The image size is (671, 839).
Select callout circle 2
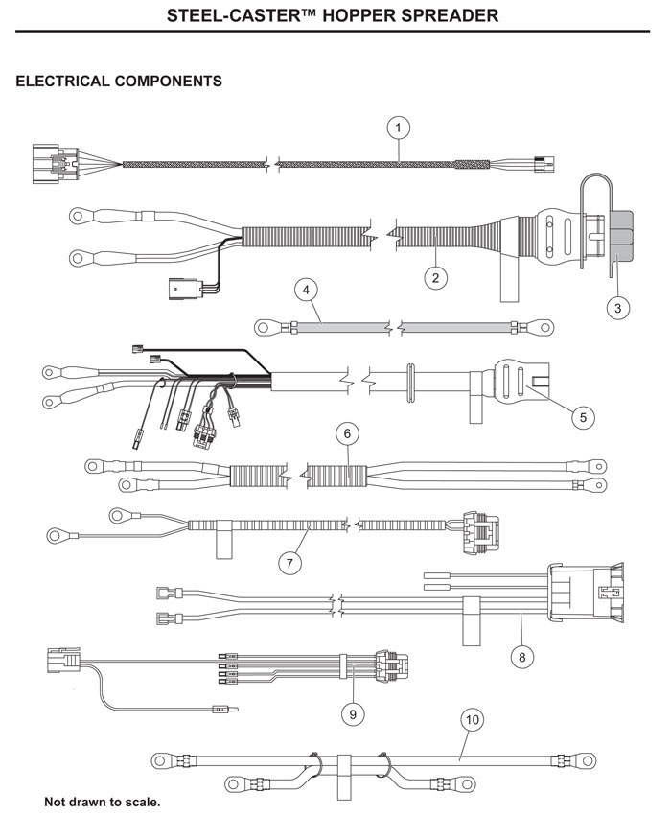coord(436,277)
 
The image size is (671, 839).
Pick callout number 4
coord(305,288)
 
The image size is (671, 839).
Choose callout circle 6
coord(350,434)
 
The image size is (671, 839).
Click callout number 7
coord(289,563)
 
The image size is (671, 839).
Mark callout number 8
coord(522,657)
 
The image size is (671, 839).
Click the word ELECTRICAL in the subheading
coord(64,82)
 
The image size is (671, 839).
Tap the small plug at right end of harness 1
coord(543,164)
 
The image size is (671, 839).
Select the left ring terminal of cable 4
coord(266,328)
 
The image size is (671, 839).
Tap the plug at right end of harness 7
coord(478,528)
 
